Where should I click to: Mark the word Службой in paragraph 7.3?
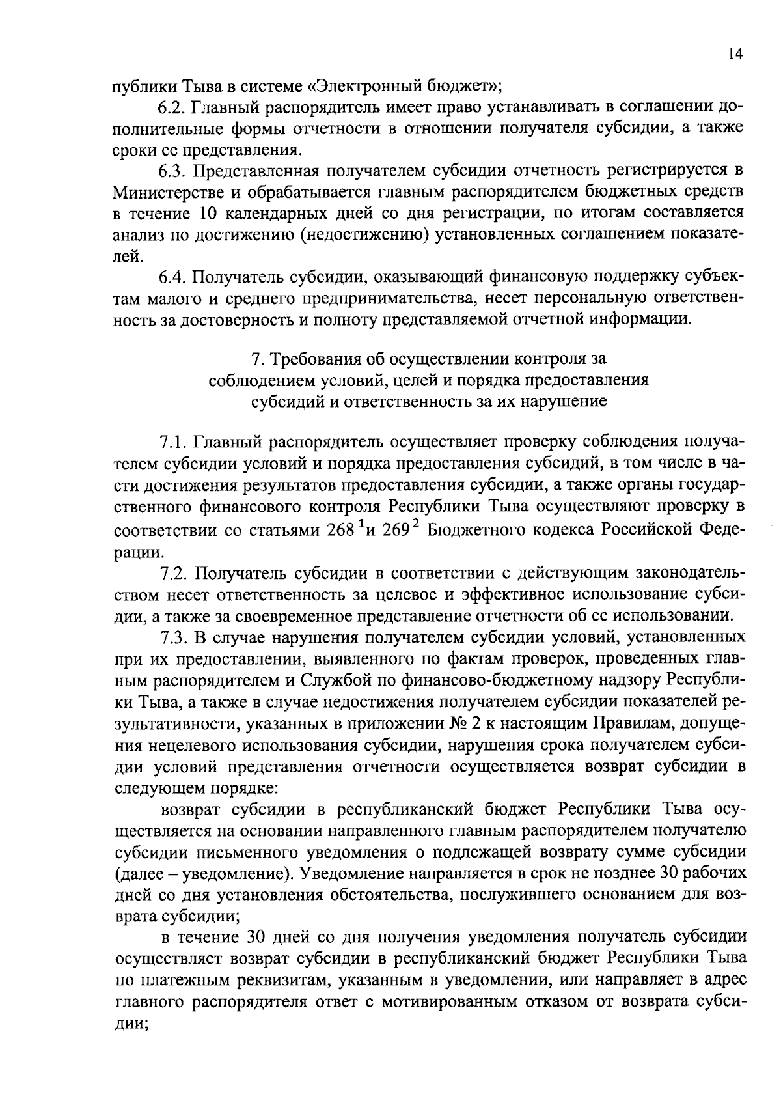click(331, 680)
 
